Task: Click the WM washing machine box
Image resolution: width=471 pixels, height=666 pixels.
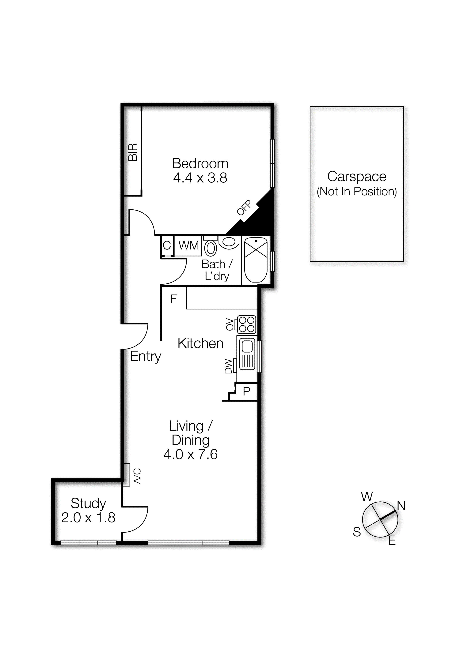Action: pyautogui.click(x=188, y=245)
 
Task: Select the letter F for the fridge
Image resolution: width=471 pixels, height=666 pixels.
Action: pyautogui.click(x=173, y=299)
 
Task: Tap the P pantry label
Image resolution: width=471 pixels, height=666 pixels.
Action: pyautogui.click(x=246, y=392)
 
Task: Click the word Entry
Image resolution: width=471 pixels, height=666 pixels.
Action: pyautogui.click(x=145, y=356)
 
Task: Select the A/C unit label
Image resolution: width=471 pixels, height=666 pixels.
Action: pyautogui.click(x=137, y=476)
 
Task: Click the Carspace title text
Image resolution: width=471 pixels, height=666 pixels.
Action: pyautogui.click(x=357, y=176)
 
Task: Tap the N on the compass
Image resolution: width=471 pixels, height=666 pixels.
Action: pyautogui.click(x=401, y=506)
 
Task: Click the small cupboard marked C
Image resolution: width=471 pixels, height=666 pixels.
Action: pyautogui.click(x=167, y=246)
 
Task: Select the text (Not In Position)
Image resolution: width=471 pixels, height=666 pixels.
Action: pyautogui.click(x=357, y=191)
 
